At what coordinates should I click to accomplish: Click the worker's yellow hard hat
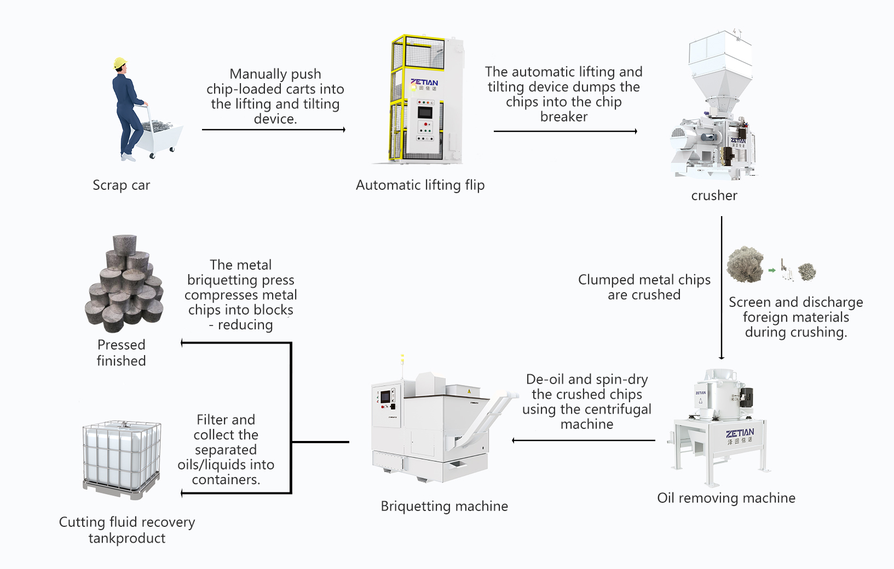120,63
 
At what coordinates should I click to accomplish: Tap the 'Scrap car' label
121,185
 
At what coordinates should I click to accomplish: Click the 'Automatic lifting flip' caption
420,185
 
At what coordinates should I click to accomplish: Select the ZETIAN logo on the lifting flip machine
424,83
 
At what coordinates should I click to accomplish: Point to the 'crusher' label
714,196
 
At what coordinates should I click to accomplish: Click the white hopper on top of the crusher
719,66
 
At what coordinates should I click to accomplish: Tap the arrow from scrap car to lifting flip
274,130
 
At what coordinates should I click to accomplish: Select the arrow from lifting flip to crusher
565,131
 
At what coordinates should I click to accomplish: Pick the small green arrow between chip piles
772,270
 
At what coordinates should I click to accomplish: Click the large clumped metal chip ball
745,264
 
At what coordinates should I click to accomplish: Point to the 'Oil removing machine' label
726,498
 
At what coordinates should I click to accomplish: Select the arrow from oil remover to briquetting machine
583,440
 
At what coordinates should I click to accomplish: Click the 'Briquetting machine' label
444,507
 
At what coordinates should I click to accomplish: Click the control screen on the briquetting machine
385,396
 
